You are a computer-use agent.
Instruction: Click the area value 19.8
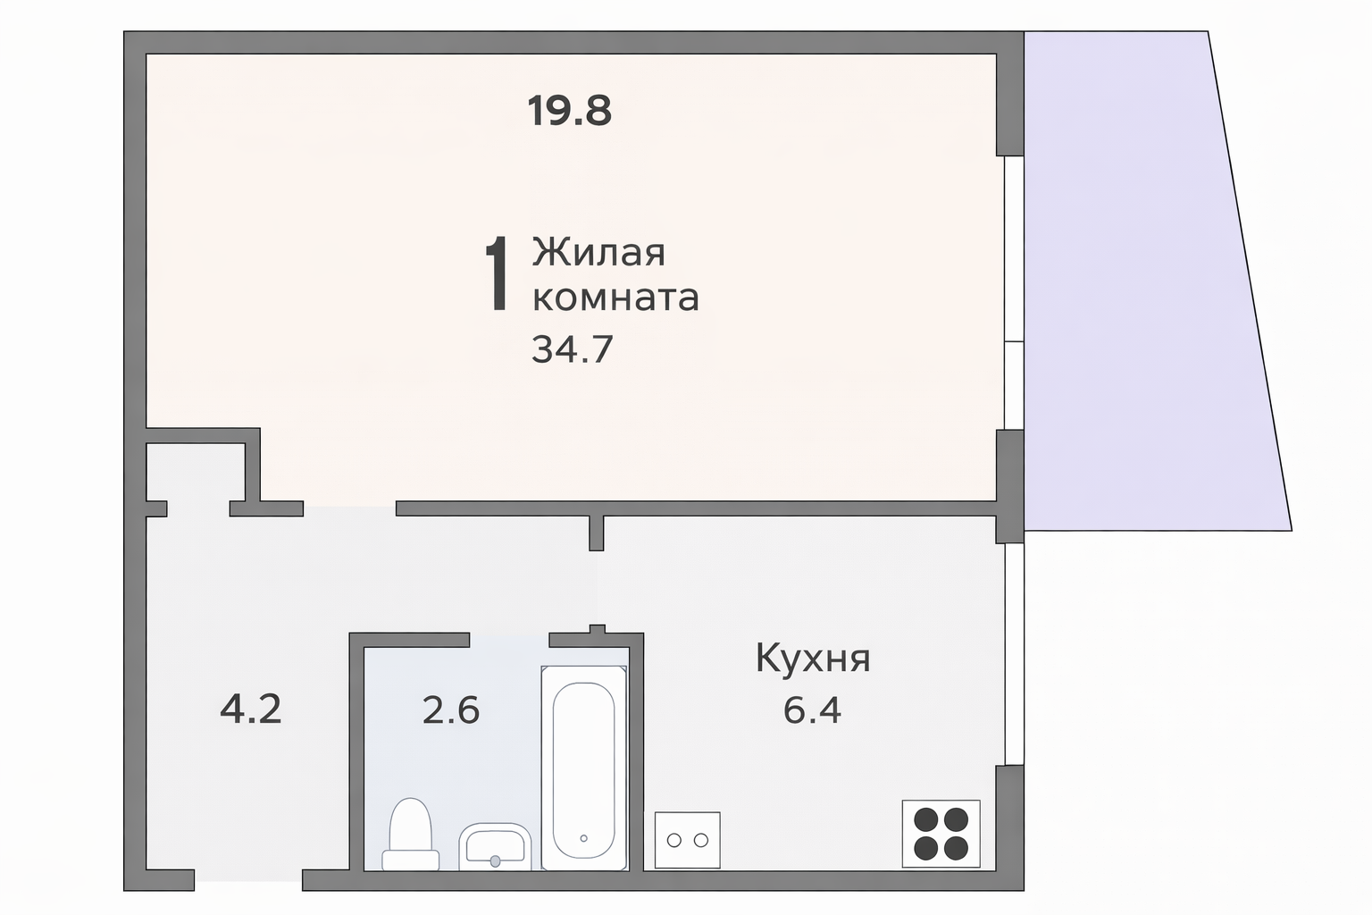(569, 112)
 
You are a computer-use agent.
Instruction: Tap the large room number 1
(497, 275)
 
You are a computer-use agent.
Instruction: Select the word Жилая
(598, 253)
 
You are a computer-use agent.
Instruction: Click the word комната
(615, 298)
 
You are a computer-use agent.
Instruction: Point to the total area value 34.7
(572, 349)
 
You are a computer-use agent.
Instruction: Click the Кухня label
(812, 659)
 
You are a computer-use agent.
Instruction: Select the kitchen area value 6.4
(812, 711)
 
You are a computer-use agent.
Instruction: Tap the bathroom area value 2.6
(450, 711)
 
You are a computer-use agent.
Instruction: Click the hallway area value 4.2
(251, 710)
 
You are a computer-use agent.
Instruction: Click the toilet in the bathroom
(410, 835)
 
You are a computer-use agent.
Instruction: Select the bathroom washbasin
(495, 846)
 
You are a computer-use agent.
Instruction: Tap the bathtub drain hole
(583, 838)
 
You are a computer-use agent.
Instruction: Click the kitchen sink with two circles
(687, 840)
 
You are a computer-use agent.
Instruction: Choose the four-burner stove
(941, 833)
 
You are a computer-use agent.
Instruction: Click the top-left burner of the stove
(926, 818)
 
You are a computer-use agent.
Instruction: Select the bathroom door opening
(508, 639)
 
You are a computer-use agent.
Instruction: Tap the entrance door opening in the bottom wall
(247, 879)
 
